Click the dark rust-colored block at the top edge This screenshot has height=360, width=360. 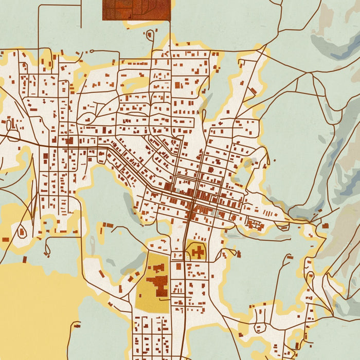(136, 10)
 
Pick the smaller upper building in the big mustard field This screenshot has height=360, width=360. (157, 268)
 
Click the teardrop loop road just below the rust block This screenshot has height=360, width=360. (150, 35)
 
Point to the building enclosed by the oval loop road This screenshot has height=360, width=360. (22, 232)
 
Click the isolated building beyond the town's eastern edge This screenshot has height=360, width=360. (326, 225)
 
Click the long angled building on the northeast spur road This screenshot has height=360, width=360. (253, 91)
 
